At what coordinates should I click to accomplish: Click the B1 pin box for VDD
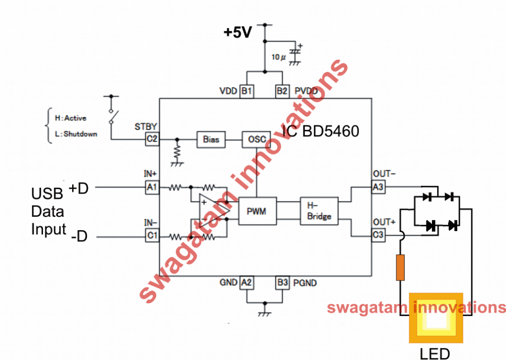tap(247, 91)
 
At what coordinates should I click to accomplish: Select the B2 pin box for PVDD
tap(282, 91)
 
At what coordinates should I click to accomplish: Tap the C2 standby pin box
tap(152, 139)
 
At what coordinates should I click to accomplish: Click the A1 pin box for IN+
tap(152, 187)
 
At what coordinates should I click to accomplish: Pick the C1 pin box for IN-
tap(152, 237)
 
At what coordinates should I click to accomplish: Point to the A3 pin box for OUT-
tap(379, 187)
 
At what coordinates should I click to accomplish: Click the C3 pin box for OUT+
tap(379, 237)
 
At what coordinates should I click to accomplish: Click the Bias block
tap(211, 139)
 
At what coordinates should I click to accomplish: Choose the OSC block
tap(256, 139)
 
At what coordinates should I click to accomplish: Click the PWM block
tap(257, 211)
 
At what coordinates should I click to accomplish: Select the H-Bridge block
tap(319, 211)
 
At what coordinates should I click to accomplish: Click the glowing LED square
tap(435, 319)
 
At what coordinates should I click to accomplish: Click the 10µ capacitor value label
tap(279, 57)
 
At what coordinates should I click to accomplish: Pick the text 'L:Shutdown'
tap(76, 133)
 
